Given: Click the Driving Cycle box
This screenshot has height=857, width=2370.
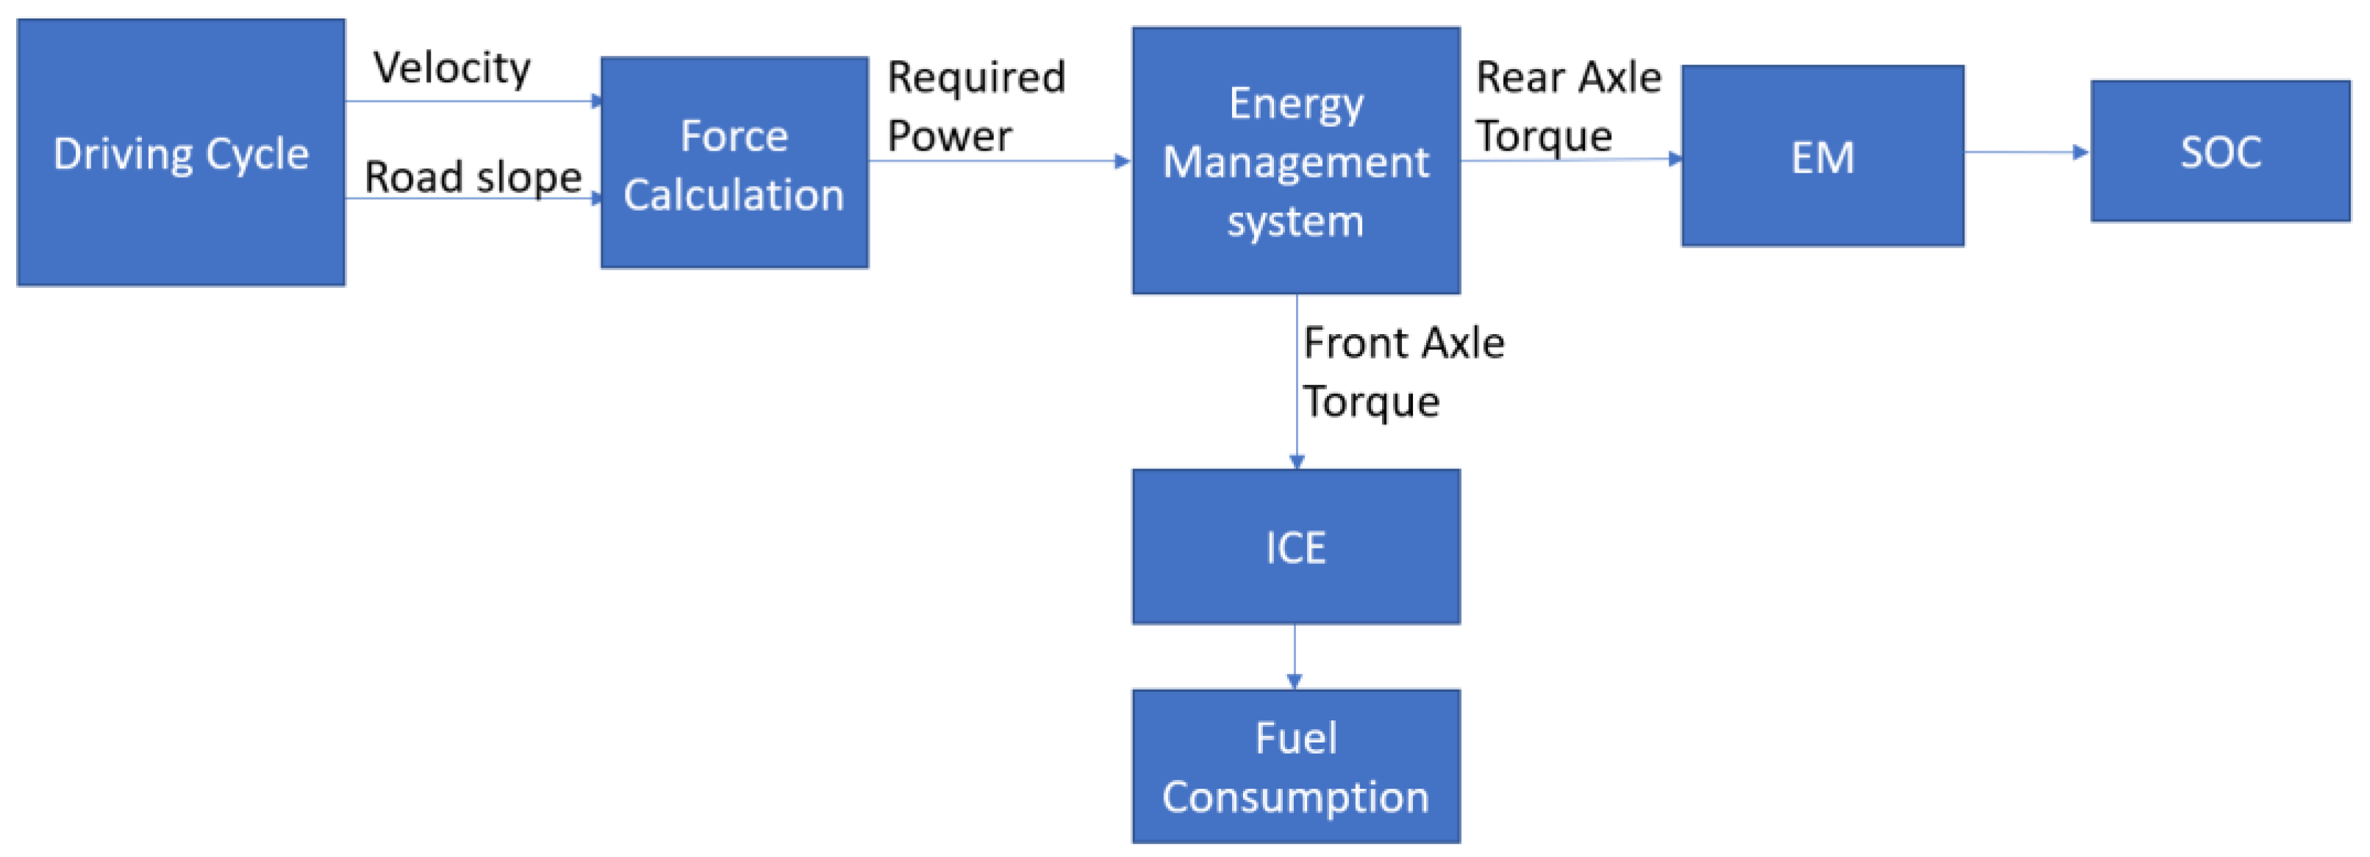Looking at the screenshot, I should [x=182, y=153].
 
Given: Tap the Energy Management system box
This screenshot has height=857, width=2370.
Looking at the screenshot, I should [x=1295, y=161].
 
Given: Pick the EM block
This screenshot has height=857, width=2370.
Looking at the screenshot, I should [x=1822, y=156].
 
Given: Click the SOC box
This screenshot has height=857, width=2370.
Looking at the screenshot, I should [x=2219, y=152].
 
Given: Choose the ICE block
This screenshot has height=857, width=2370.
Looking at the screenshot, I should [x=1295, y=547].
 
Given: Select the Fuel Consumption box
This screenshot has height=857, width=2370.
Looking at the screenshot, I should [x=1295, y=766].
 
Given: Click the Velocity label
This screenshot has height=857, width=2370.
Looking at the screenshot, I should [x=452, y=68].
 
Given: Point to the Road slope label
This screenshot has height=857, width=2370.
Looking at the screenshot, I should [x=473, y=176].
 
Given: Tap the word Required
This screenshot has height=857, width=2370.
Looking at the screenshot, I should [x=976, y=77].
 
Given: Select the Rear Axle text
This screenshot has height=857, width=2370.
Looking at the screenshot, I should [x=1569, y=77].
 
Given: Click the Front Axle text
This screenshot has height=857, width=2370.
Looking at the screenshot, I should [x=1404, y=343].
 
